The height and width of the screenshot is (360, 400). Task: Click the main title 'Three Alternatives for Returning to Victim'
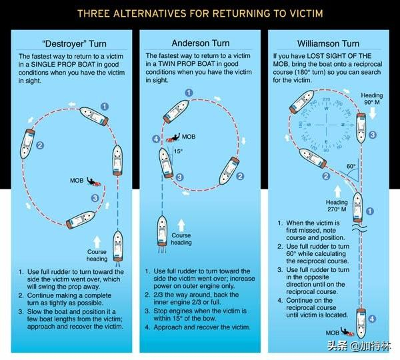coord(200,12)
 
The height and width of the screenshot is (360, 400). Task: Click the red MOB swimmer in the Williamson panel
coord(347,331)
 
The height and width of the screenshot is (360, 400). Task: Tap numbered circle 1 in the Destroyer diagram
coord(103,105)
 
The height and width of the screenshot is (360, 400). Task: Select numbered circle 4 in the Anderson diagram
coord(156,139)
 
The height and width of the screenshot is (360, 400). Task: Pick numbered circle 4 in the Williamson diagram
coord(372,319)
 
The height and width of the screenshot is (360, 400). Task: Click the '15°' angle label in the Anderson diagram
coord(178,151)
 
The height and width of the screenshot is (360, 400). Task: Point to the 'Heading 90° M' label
coord(372,99)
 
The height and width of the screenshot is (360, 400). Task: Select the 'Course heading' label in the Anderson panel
coord(181,239)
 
